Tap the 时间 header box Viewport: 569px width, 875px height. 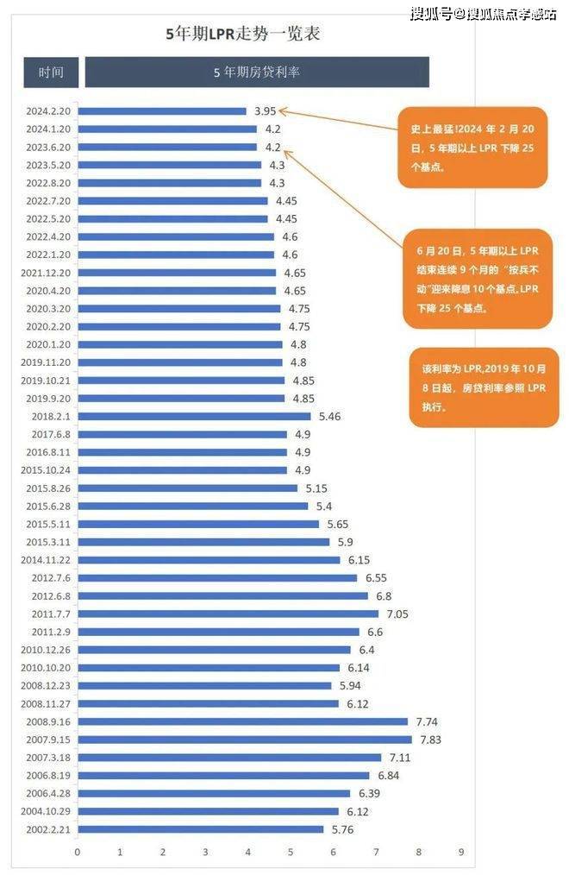coord(51,72)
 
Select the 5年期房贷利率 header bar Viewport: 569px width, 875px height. coord(257,72)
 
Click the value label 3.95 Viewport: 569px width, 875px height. coord(265,110)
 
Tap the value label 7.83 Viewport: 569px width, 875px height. coord(430,740)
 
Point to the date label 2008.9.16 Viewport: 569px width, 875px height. coord(50,721)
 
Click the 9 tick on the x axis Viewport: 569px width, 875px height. coord(460,852)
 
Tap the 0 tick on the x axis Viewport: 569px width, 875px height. coord(78,852)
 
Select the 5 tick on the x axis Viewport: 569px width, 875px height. coord(291,852)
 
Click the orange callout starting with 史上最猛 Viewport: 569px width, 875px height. coord(472,148)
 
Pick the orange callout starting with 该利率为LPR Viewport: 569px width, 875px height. coord(484,387)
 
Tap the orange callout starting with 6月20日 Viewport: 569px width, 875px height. coord(477,278)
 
